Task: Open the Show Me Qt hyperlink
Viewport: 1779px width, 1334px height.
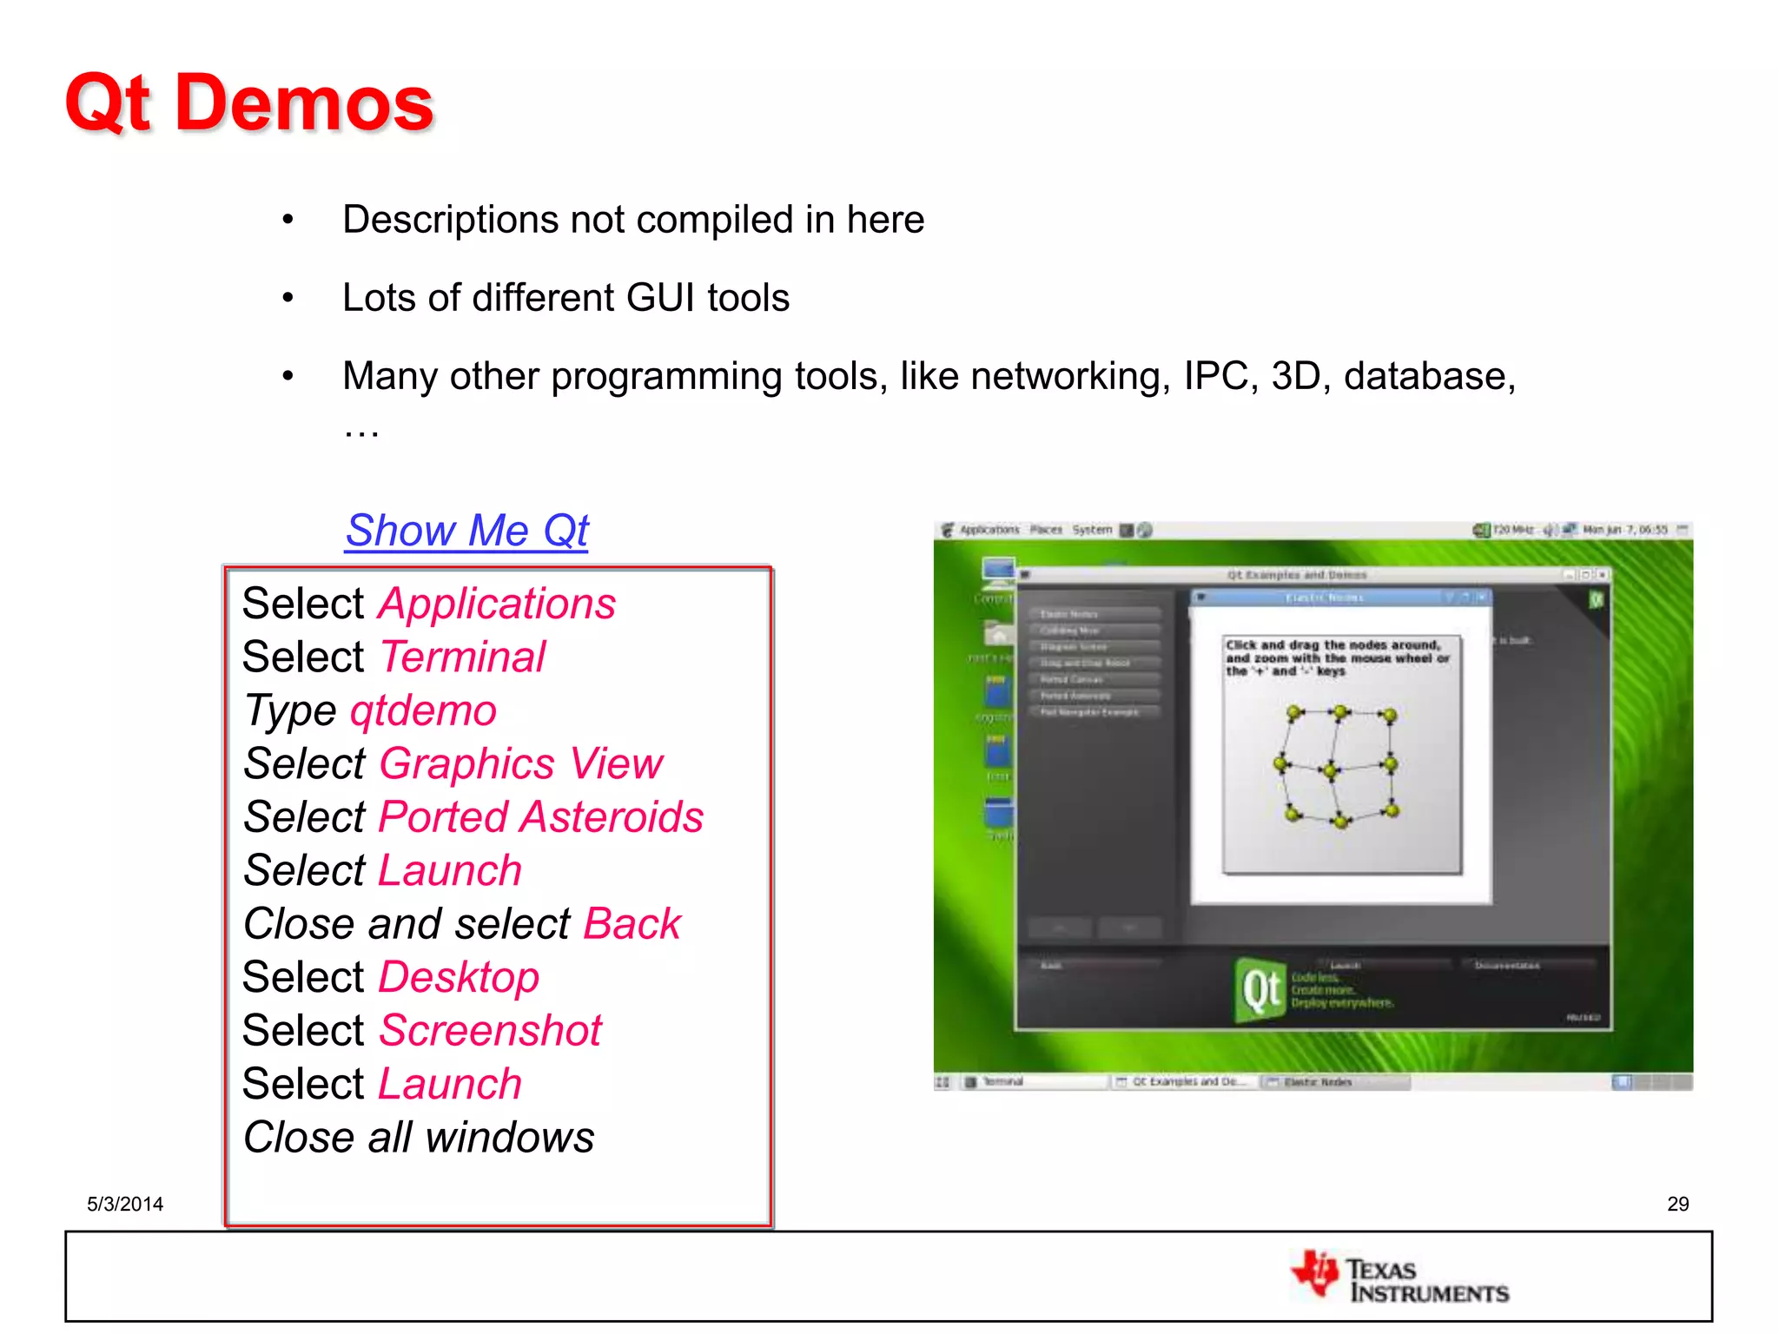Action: [x=467, y=531]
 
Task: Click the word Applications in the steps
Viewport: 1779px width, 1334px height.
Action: [x=497, y=604]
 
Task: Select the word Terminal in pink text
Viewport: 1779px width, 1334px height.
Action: [x=463, y=657]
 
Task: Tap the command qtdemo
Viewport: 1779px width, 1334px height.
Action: [x=423, y=711]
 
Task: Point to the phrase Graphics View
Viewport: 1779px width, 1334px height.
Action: [x=521, y=764]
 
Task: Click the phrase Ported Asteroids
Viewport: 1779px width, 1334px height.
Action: [x=541, y=818]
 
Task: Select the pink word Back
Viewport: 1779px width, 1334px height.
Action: [x=632, y=924]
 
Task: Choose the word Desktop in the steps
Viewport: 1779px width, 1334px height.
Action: [x=459, y=978]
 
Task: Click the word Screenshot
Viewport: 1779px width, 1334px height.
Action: [x=491, y=1031]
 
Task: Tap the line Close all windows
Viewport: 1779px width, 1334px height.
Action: [x=419, y=1138]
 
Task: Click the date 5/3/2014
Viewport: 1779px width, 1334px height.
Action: [x=125, y=1204]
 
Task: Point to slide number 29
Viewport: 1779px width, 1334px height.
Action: [x=1677, y=1204]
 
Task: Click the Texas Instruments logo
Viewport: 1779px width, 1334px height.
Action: [x=1400, y=1278]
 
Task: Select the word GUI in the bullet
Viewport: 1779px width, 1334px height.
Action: [x=660, y=298]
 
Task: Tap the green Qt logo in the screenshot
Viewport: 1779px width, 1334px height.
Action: [x=1259, y=990]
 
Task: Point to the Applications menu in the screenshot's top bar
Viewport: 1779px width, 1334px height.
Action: [x=989, y=530]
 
